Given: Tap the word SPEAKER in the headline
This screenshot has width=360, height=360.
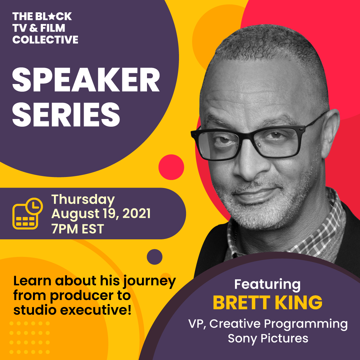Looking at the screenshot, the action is click(86, 80).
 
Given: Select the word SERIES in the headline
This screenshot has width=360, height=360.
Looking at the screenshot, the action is click(66, 114).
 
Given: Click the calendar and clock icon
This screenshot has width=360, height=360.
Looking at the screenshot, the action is click(28, 213).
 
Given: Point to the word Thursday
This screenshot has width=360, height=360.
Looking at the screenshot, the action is click(83, 200).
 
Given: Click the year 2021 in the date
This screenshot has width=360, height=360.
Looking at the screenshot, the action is click(136, 214).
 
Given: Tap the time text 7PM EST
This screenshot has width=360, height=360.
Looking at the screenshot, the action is click(78, 229).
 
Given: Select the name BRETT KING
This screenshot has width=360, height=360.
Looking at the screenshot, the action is click(267, 302).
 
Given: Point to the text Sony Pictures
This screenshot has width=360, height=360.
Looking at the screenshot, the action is click(268, 338).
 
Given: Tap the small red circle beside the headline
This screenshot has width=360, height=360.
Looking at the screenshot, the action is click(171, 167).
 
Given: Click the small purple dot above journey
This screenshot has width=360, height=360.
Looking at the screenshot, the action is click(155, 257).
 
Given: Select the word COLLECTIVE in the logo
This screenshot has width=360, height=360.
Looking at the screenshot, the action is click(45, 39).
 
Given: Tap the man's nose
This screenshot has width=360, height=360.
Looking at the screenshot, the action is click(248, 165).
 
